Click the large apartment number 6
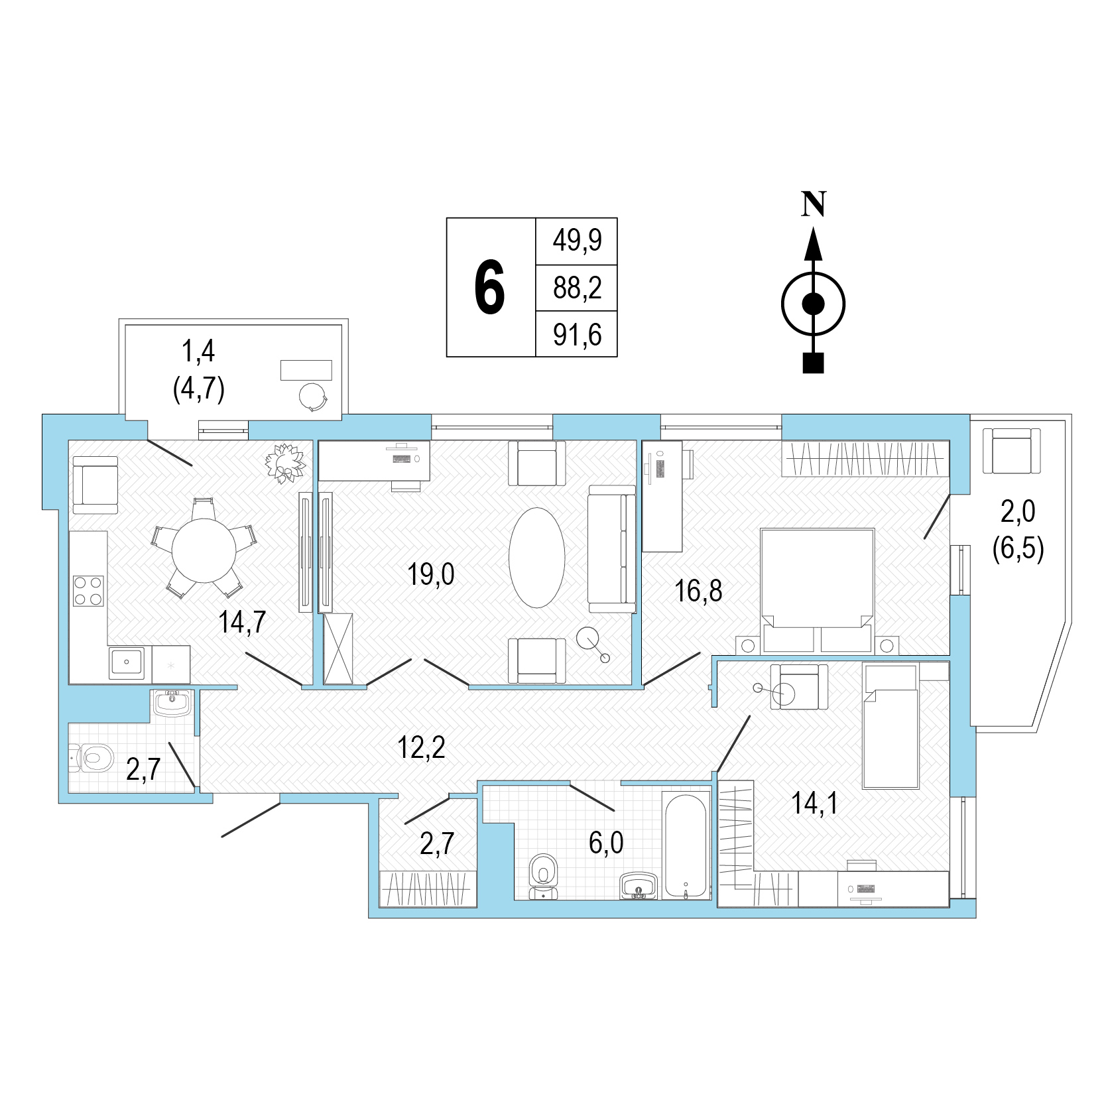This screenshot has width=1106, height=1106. coord(489,287)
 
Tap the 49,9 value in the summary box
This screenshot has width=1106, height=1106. coord(577,240)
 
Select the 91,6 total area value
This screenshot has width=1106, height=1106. coord(577,335)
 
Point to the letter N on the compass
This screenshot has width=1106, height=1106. coord(814,204)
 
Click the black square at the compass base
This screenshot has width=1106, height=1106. coord(813,363)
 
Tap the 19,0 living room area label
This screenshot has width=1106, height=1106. coord(431,574)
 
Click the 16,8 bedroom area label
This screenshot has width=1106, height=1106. coord(698,590)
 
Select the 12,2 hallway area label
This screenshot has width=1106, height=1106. coord(421,747)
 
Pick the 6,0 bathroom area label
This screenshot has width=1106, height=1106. coord(606,843)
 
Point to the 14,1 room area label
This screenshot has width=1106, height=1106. coord(814,803)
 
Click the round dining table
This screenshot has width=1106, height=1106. coord(204,550)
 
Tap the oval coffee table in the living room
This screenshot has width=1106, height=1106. coord(537,557)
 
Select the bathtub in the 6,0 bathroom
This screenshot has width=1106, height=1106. coord(686,845)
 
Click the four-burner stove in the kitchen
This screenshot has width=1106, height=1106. coord(88,591)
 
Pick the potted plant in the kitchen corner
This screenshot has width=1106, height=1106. coord(286,462)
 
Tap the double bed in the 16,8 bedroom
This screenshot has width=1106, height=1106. coord(818,590)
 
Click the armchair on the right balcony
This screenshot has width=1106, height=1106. coord(1012,450)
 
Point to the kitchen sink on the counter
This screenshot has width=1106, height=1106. coord(126,661)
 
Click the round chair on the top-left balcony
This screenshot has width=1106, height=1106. coord(314,397)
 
